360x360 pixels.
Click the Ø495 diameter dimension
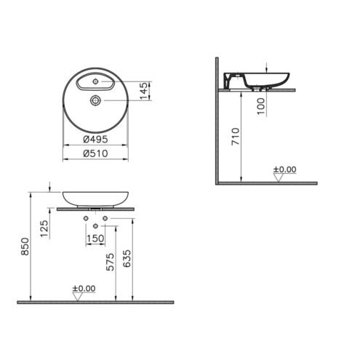pos(95,140)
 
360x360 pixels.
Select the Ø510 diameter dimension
pos(95,153)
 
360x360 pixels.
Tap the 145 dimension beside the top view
pos(143,91)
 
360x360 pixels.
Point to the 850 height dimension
pos(25,247)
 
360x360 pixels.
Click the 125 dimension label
pos(44,228)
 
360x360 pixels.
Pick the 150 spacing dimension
pos(95,239)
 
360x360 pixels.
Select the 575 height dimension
pos(110,262)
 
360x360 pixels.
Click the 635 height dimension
pos(127,259)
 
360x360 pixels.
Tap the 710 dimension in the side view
pos(236,137)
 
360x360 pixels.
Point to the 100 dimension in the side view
pos(261,106)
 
